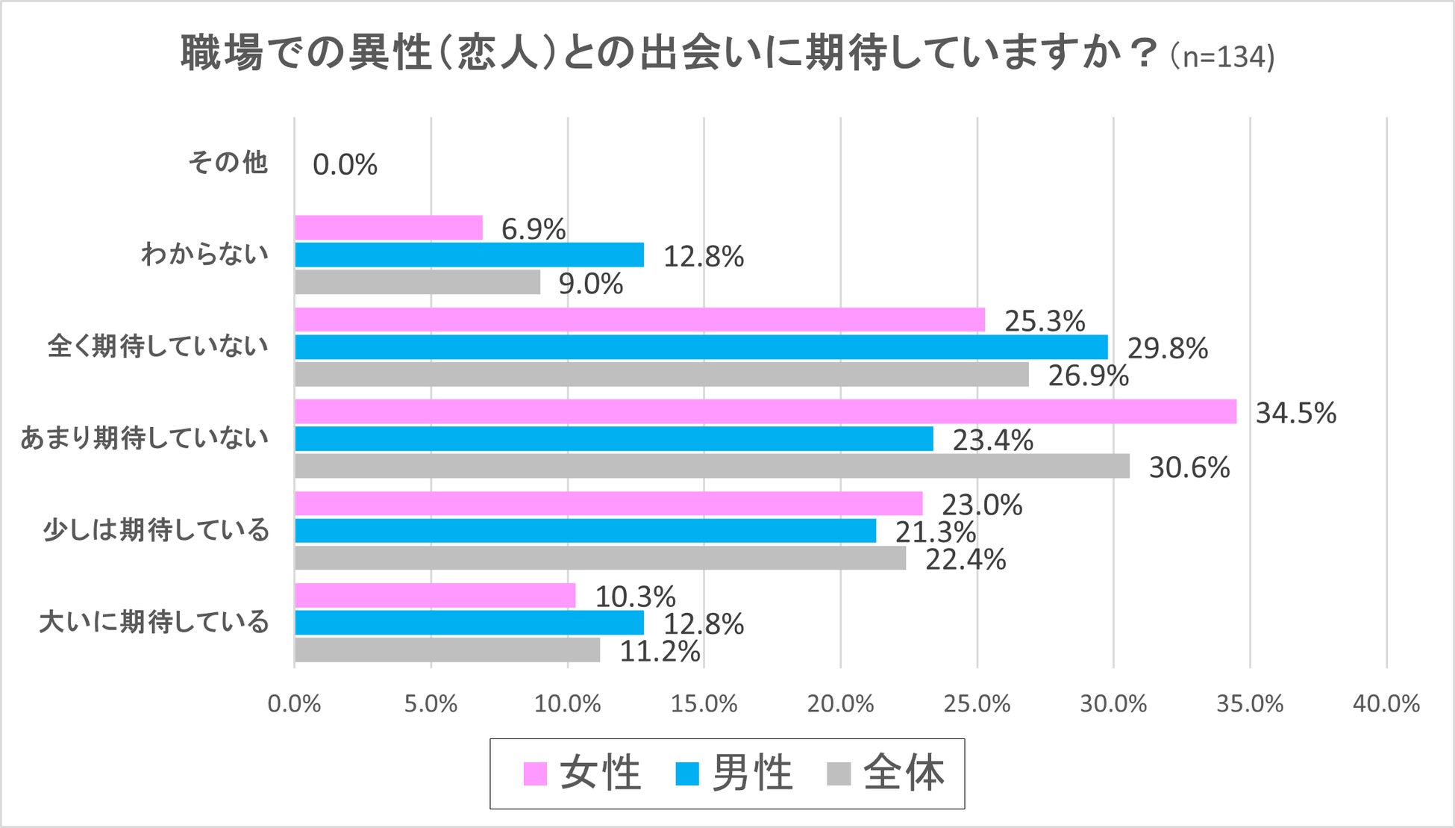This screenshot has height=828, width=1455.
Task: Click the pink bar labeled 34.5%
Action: tap(765, 411)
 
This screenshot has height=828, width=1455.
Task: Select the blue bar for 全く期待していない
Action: tap(701, 347)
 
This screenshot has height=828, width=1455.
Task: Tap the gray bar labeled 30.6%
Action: tap(712, 467)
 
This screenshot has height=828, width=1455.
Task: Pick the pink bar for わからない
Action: tap(389, 228)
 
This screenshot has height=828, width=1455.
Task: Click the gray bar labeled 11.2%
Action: tap(447, 650)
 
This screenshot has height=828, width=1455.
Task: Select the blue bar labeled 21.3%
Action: tap(585, 531)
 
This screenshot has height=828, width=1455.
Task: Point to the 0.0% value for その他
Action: tap(345, 165)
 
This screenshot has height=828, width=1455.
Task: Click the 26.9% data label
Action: tap(1088, 376)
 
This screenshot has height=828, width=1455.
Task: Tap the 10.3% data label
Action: tap(635, 597)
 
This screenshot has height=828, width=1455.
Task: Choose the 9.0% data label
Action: tap(591, 284)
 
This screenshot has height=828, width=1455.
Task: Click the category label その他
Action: tap(228, 162)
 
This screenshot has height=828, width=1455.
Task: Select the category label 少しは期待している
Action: tap(156, 530)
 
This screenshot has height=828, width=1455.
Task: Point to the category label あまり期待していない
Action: tap(144, 438)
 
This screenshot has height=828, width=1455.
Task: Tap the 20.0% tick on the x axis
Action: tap(840, 704)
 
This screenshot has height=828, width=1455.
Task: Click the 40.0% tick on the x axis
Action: tap(1386, 704)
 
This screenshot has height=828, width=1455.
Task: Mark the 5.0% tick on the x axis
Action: tap(431, 704)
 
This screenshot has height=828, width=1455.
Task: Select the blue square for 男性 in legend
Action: tap(686, 774)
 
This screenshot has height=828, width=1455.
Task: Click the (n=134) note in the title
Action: tap(1222, 57)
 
